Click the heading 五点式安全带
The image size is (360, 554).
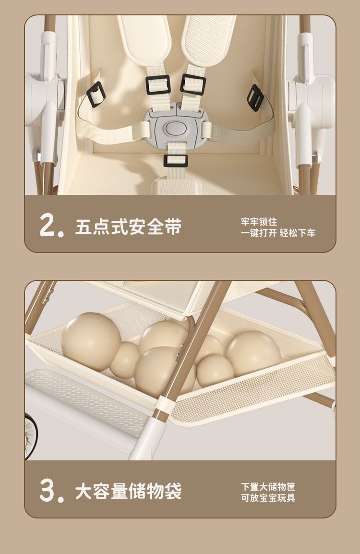128,227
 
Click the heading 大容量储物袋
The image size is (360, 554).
128,491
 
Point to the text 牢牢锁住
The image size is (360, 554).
259,222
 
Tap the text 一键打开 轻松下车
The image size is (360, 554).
278,233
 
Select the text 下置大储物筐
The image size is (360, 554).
268,486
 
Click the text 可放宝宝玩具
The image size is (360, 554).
268,498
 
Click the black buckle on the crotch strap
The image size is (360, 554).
176,161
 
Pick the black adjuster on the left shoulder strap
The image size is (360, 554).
158,85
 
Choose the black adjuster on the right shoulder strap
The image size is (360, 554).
193,85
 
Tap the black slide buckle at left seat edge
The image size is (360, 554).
96,95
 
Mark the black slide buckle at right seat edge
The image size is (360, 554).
255,98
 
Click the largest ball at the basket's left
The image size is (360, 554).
91,341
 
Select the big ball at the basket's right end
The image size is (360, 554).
253,354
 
